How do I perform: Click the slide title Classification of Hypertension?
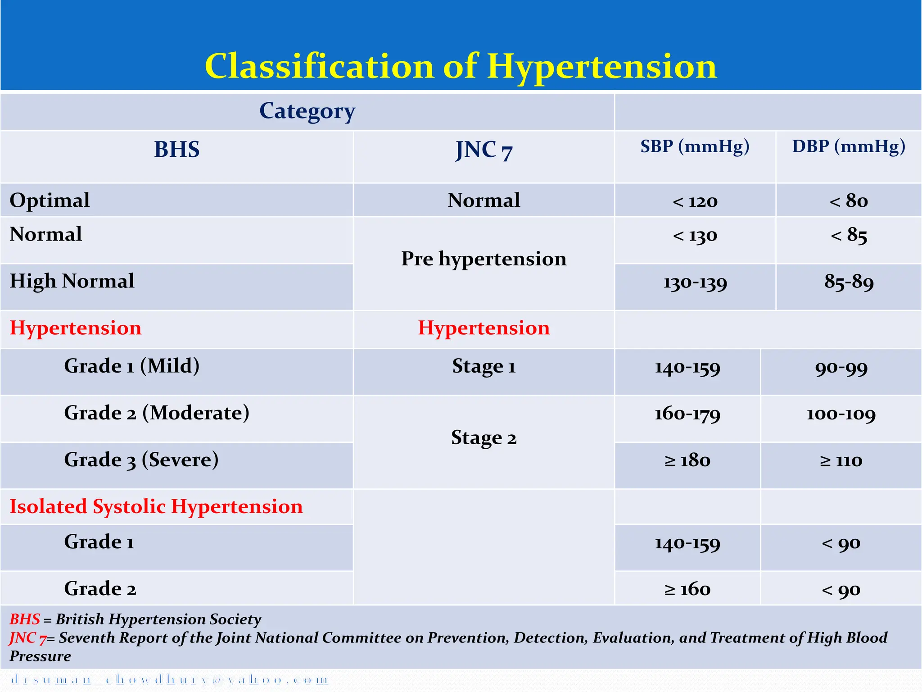[461, 67]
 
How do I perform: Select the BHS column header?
[176, 150]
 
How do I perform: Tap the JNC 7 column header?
[484, 150]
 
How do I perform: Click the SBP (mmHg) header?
[695, 147]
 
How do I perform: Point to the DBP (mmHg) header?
[849, 147]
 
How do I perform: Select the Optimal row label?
[50, 200]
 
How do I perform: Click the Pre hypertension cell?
[484, 259]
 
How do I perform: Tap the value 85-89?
[849, 282]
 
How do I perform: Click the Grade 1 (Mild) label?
[131, 366]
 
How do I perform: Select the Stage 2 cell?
[484, 438]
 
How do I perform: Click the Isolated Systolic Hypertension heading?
[156, 507]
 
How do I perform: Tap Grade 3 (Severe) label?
[141, 460]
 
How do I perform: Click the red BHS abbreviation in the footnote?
[25, 619]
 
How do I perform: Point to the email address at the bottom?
[169, 680]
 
